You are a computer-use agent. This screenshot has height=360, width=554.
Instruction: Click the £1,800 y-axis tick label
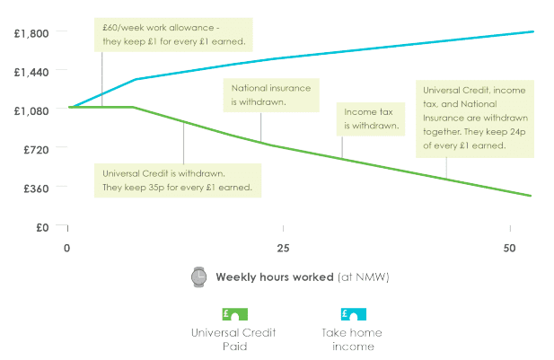[31, 33]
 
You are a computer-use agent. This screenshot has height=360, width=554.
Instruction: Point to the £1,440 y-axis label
[31, 73]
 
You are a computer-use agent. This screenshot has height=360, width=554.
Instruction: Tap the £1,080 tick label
[31, 111]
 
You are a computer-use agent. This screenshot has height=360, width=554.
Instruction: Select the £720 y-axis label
[36, 150]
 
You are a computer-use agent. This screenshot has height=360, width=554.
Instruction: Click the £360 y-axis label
[36, 189]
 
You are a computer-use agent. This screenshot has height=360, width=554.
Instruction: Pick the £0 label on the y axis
[42, 227]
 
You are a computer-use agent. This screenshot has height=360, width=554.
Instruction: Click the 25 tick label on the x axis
[283, 249]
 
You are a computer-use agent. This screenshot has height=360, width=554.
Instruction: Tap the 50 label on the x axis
[509, 249]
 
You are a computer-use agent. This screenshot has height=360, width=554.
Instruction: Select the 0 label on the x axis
[66, 249]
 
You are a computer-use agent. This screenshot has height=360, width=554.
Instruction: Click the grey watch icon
[199, 277]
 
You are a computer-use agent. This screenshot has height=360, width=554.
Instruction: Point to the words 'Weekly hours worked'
[275, 277]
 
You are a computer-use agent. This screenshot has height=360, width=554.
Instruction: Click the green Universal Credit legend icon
[235, 314]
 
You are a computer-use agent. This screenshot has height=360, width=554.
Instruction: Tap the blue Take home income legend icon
[353, 314]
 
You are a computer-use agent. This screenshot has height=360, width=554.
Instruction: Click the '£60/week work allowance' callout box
[173, 35]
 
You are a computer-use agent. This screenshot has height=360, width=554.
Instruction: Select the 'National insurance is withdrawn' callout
[271, 95]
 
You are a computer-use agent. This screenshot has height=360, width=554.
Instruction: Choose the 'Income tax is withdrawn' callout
[371, 119]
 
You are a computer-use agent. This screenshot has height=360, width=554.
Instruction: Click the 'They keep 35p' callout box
[178, 180]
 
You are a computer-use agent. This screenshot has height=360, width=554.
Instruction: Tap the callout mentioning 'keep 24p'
[475, 119]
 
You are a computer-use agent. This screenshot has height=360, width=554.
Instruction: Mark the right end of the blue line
[532, 31]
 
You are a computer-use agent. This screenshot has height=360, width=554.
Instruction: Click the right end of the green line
[531, 196]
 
